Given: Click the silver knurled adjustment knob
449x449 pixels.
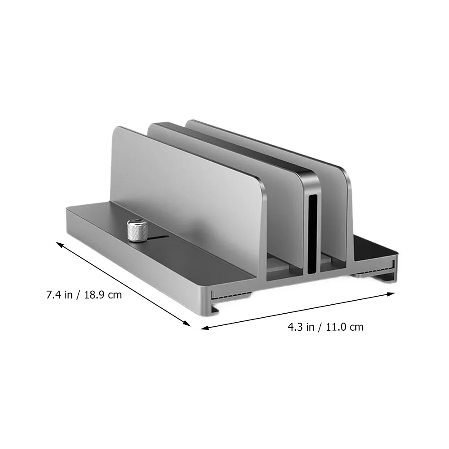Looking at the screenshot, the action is pyautogui.click(x=137, y=230).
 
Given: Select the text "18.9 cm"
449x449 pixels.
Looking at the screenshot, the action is pyautogui.click(x=103, y=295).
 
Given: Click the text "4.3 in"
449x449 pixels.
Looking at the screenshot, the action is pyautogui.click(x=301, y=327).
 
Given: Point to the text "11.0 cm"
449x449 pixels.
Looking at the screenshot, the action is pyautogui.click(x=345, y=327).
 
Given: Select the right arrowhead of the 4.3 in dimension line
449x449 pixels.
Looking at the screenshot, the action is pyautogui.click(x=391, y=294).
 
